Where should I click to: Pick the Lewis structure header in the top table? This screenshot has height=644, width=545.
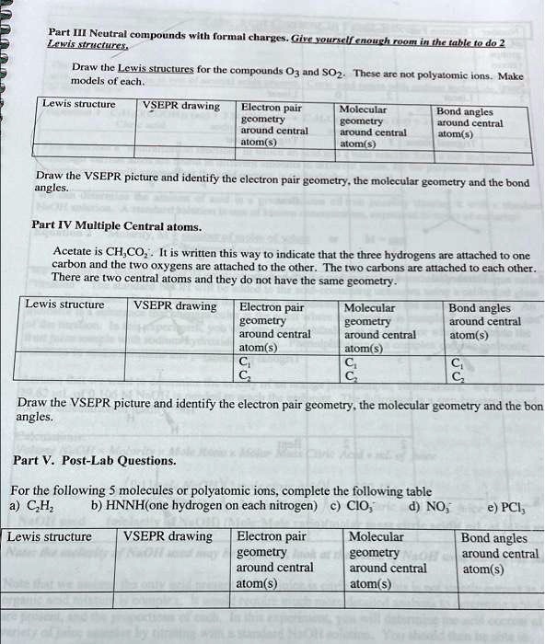(79, 104)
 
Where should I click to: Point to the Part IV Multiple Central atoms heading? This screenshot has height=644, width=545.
(116, 224)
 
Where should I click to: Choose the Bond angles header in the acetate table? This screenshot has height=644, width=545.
(479, 308)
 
